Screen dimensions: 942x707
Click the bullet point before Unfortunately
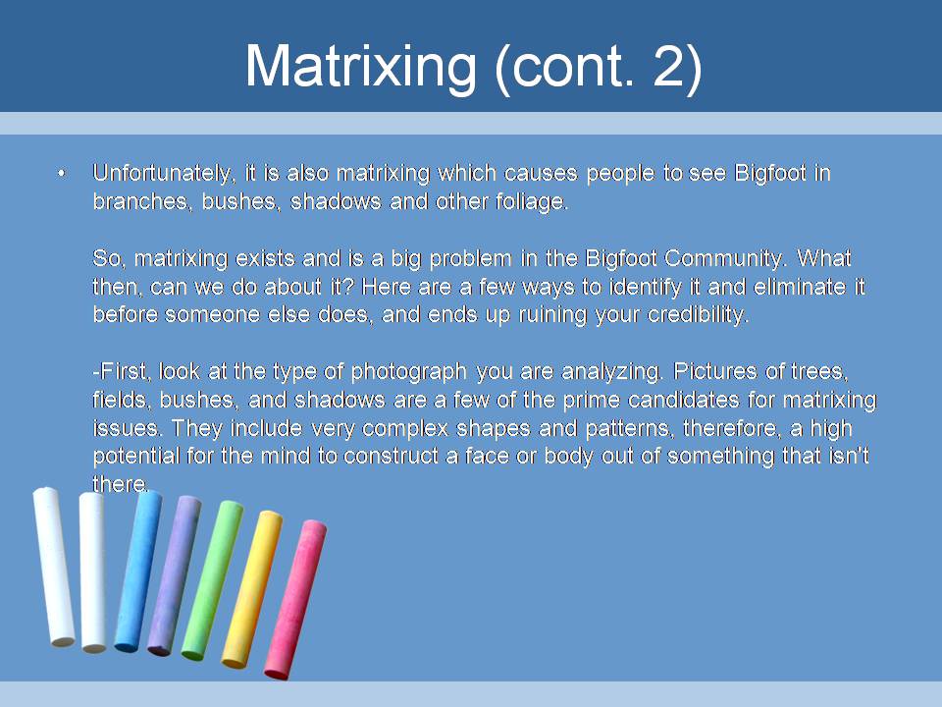pos(61,174)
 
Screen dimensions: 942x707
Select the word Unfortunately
pos(162,173)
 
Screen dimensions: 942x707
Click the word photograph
pos(408,371)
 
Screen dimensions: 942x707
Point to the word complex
pos(405,428)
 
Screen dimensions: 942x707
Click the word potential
pos(136,456)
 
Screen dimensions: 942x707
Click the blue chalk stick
pos(138,571)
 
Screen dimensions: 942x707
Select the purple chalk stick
pos(175,575)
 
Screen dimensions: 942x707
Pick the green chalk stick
pos(212,580)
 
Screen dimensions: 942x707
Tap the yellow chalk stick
pos(252,589)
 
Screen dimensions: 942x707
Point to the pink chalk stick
pos(295,599)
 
